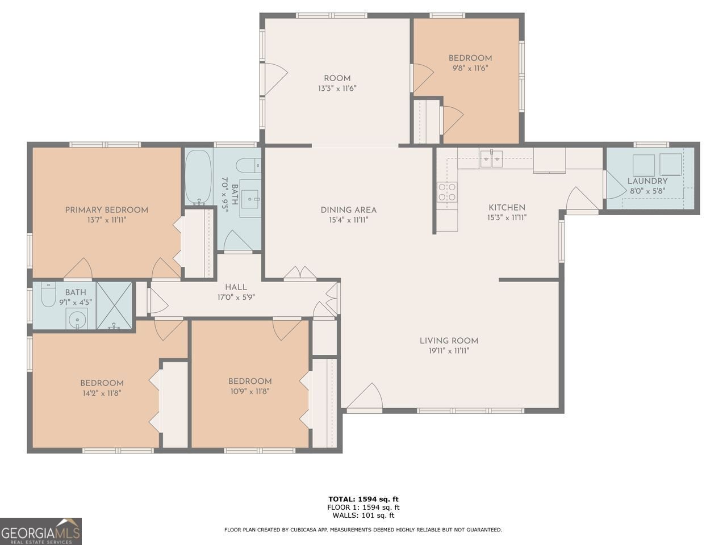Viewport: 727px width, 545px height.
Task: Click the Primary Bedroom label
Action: tap(106, 210)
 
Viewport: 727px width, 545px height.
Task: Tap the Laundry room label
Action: tap(647, 181)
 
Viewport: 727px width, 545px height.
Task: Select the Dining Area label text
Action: tap(348, 210)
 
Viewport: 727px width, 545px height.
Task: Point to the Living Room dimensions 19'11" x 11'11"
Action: tap(449, 351)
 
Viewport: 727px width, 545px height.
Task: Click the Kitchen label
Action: tap(507, 208)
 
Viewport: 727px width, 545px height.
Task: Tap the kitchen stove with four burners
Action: tap(446, 192)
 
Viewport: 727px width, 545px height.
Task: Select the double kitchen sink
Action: tap(491, 158)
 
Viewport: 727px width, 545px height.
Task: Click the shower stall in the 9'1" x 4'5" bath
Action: tap(114, 305)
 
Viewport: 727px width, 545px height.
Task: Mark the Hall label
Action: tap(235, 287)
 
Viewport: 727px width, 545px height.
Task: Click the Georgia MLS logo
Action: tap(41, 531)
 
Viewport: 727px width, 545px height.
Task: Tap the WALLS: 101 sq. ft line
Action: tap(363, 515)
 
